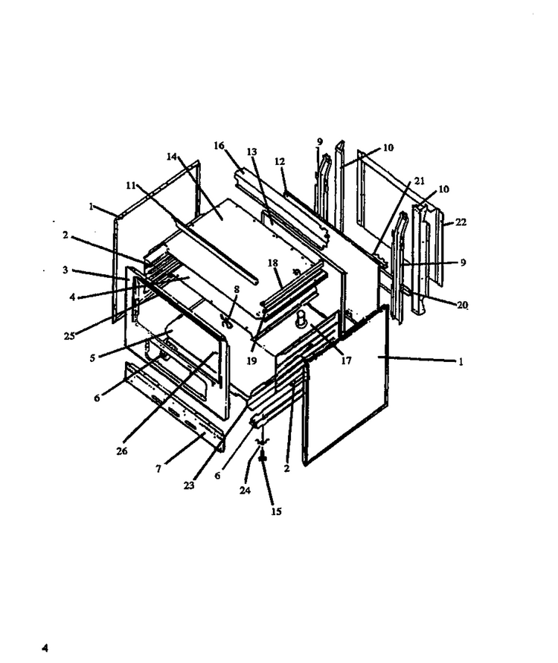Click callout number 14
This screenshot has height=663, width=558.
click(171, 157)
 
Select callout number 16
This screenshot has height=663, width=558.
click(219, 146)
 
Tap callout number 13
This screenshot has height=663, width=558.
click(252, 152)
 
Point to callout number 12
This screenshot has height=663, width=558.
click(280, 161)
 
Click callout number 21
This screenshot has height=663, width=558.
click(419, 181)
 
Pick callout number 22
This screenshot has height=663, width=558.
click(461, 222)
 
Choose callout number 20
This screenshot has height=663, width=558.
click(462, 305)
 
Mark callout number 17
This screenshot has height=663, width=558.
click(346, 360)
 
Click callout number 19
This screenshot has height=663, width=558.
click(251, 361)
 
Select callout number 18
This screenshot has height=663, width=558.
click(272, 263)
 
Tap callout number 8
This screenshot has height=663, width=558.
click(237, 290)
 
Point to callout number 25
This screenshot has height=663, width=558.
click(69, 336)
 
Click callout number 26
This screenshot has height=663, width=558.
click(121, 451)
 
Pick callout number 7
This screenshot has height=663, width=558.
click(158, 469)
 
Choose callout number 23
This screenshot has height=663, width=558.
click(189, 485)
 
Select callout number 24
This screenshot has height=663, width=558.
click(245, 491)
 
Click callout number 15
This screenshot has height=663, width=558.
click(276, 511)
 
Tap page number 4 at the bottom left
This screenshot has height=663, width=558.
click(45, 648)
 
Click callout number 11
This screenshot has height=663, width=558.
click(131, 186)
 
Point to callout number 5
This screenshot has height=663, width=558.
click(92, 358)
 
